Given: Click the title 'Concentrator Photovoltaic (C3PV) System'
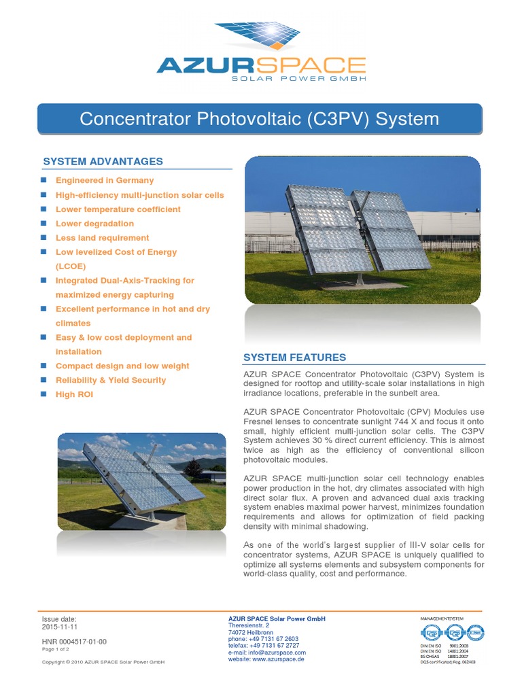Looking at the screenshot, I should click(259, 120).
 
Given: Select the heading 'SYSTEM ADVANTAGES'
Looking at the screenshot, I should click(103, 162).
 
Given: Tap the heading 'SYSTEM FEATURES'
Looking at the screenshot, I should click(294, 358).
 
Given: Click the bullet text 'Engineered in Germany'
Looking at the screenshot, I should click(105, 181).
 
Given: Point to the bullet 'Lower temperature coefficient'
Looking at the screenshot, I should click(118, 209).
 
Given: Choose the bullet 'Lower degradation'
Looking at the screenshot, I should click(94, 224).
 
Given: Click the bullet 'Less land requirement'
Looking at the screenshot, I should click(102, 238).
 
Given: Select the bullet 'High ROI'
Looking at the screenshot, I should click(74, 394).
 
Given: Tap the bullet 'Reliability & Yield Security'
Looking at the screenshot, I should click(110, 380).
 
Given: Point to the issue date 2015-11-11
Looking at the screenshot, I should click(60, 627).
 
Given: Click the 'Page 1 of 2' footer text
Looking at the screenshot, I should click(56, 649).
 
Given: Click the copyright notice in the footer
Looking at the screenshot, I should click(103, 662).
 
